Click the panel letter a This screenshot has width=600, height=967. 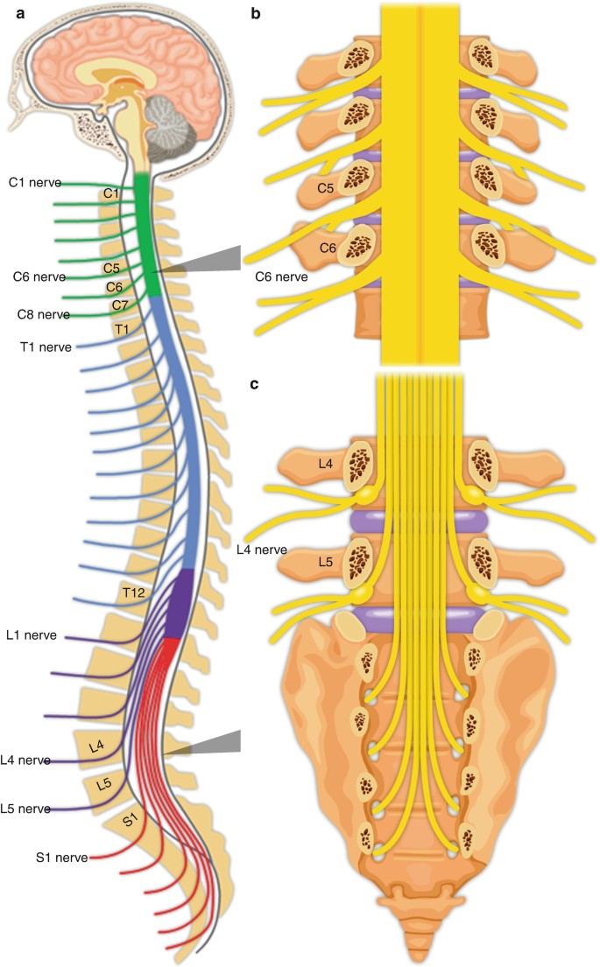20,13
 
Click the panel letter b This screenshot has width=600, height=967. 256,12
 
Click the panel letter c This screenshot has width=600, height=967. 254,385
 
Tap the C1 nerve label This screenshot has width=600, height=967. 35,183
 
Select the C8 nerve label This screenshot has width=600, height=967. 43,314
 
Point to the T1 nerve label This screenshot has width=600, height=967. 46,347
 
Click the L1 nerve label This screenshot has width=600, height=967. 32,635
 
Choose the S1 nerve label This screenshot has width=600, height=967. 61,858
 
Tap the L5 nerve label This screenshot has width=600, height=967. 25,809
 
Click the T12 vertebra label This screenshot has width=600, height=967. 133,593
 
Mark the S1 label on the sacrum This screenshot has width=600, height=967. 131,821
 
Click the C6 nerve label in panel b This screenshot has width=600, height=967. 281,277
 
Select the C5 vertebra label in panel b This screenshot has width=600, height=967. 325,188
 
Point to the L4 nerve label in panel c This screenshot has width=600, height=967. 262,550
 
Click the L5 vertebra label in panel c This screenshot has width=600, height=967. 325,562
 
